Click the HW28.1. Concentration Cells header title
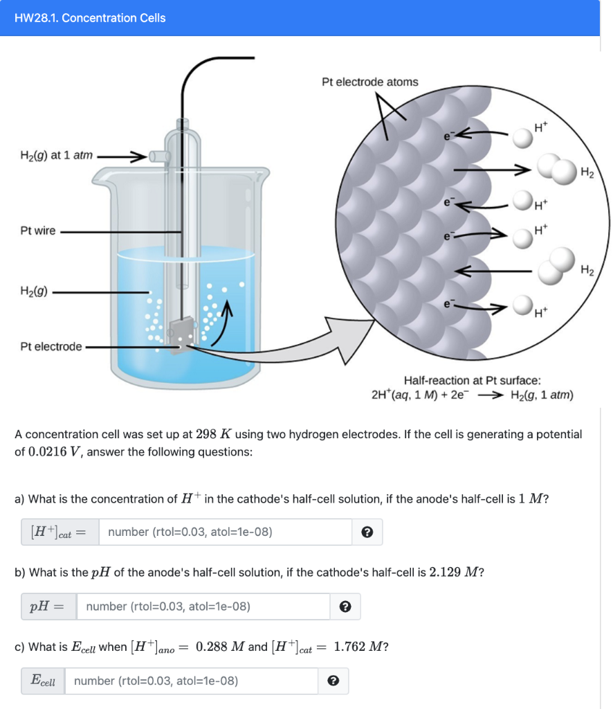[90, 18]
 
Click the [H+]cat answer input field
[226, 532]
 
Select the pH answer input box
[203, 607]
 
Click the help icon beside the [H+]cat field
[367, 532]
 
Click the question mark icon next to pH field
[345, 607]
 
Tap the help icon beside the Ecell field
[333, 681]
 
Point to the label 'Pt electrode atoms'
[370, 82]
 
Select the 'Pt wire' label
[38, 231]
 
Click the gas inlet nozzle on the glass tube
[158, 156]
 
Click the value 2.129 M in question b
[452, 572]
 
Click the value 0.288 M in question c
[221, 647]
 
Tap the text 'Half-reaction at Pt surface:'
[472, 380]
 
